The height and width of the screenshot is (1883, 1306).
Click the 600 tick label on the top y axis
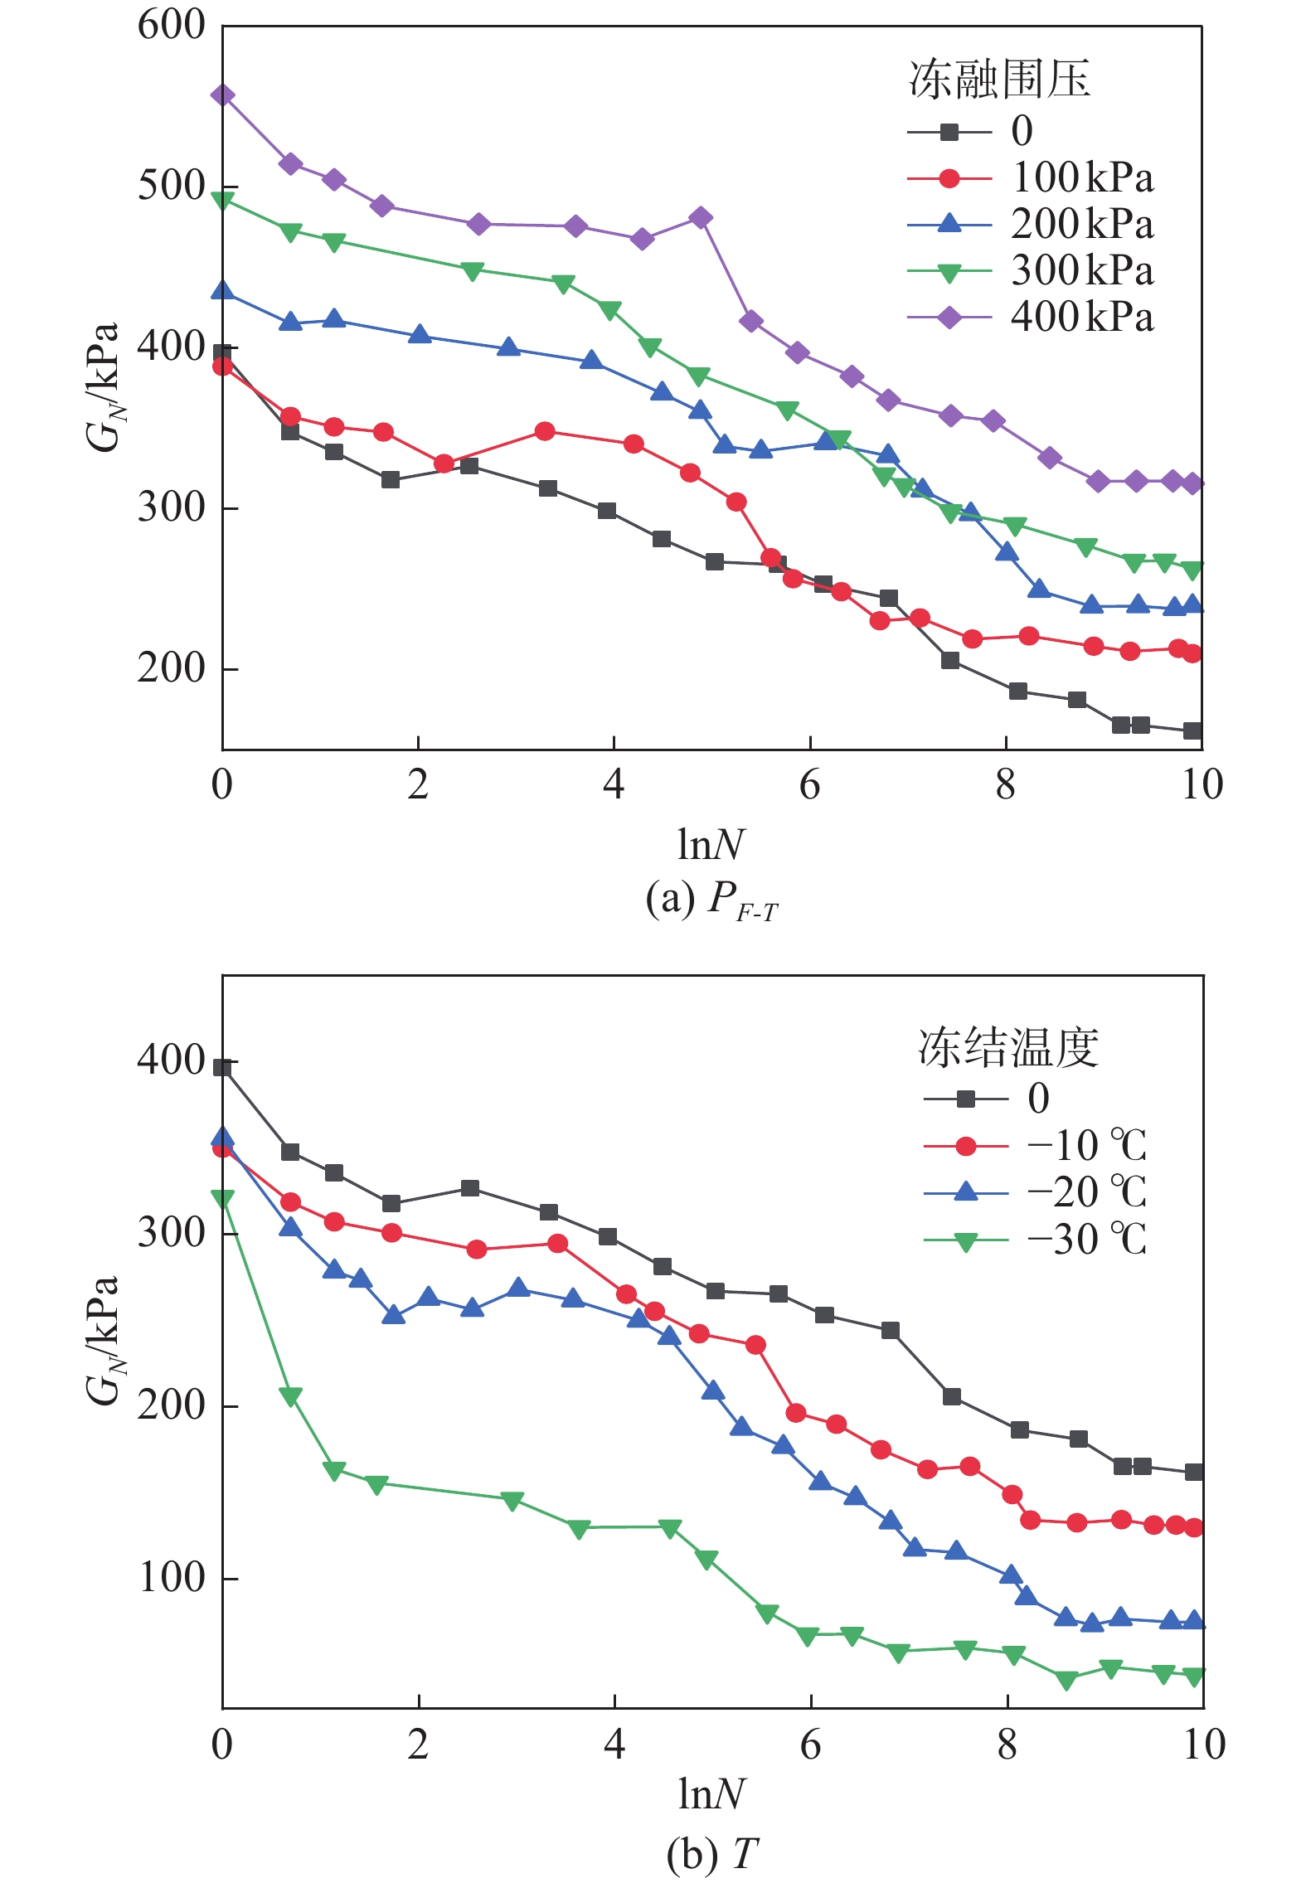pyautogui.click(x=171, y=25)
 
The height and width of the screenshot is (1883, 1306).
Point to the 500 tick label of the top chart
pyautogui.click(x=171, y=186)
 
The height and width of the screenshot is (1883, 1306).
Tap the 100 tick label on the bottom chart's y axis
pyautogui.click(x=171, y=1576)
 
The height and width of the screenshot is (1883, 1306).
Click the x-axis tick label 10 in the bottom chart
pyautogui.click(x=1203, y=1744)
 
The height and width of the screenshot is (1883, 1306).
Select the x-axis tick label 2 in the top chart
pyautogui.click(x=418, y=784)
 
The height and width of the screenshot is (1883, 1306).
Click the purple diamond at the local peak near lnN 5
pyautogui.click(x=701, y=218)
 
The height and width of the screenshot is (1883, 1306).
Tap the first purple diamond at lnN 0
pyautogui.click(x=222, y=95)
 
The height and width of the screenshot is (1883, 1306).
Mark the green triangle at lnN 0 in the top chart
pyautogui.click(x=222, y=200)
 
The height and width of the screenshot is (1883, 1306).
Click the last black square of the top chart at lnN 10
pyautogui.click(x=1192, y=730)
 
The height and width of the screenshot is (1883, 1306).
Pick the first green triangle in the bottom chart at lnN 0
pyautogui.click(x=222, y=1198)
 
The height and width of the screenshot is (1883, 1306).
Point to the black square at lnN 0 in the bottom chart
pyautogui.click(x=222, y=1067)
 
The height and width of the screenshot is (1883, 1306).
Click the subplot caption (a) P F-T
pyautogui.click(x=711, y=900)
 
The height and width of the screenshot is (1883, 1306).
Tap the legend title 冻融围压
pyautogui.click(x=999, y=80)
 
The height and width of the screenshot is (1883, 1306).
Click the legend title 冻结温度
pyautogui.click(x=1008, y=1047)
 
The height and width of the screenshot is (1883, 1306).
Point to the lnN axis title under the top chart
pyautogui.click(x=711, y=845)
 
